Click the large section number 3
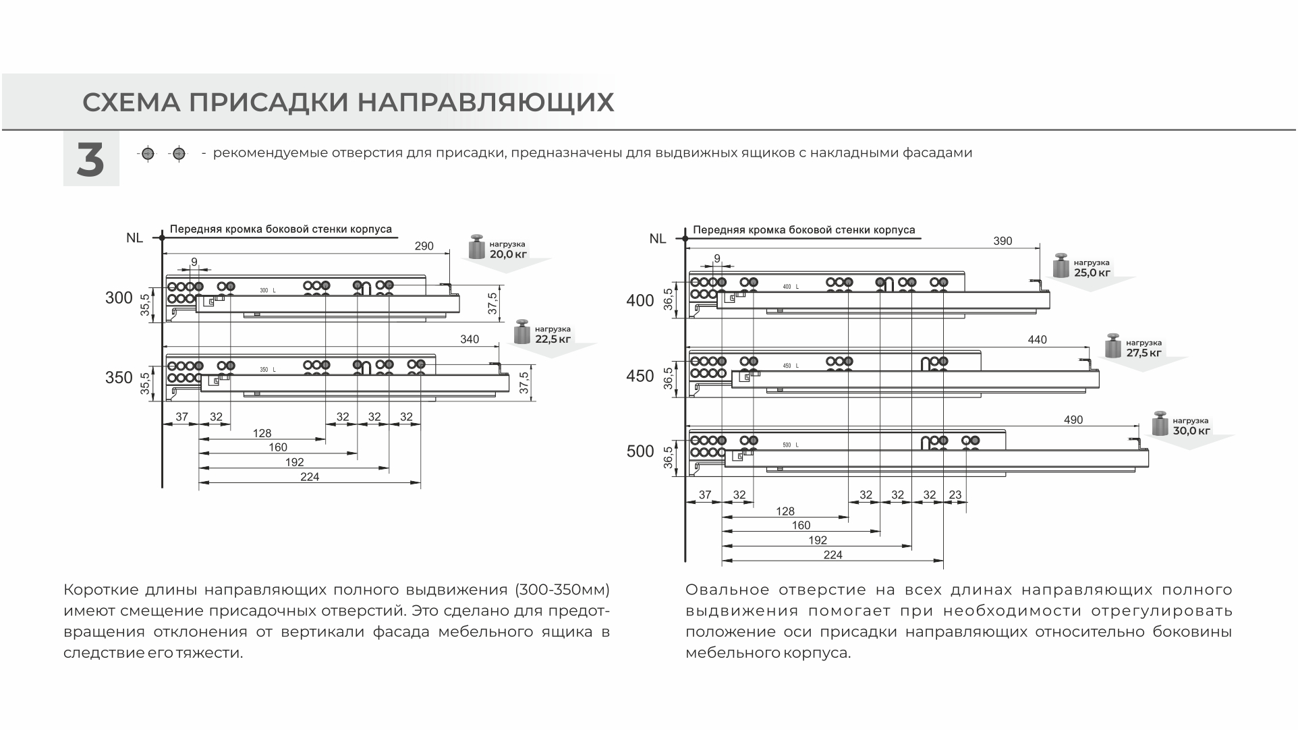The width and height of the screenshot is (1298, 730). (90, 161)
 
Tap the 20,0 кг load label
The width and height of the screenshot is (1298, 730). (509, 254)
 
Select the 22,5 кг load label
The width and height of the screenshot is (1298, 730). (553, 339)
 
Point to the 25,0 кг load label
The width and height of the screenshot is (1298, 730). (1092, 273)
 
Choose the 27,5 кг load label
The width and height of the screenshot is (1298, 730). (1144, 352)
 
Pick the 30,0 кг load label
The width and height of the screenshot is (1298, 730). (1191, 430)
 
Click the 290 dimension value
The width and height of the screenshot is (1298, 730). (424, 246)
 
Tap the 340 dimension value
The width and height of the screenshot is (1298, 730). (470, 339)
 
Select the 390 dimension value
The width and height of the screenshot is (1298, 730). (1003, 241)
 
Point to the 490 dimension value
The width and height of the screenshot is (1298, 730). (1073, 420)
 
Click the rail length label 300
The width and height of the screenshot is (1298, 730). (119, 298)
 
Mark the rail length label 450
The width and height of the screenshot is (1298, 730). (640, 376)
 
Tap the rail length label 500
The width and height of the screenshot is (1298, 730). (640, 451)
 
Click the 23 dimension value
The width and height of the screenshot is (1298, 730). (955, 495)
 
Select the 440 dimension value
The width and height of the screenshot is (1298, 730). (1037, 339)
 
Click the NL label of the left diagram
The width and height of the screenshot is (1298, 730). (134, 237)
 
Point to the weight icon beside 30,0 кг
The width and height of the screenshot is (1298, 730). (1160, 423)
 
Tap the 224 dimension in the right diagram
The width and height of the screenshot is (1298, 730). (833, 555)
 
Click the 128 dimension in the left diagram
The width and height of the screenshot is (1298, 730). (262, 433)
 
